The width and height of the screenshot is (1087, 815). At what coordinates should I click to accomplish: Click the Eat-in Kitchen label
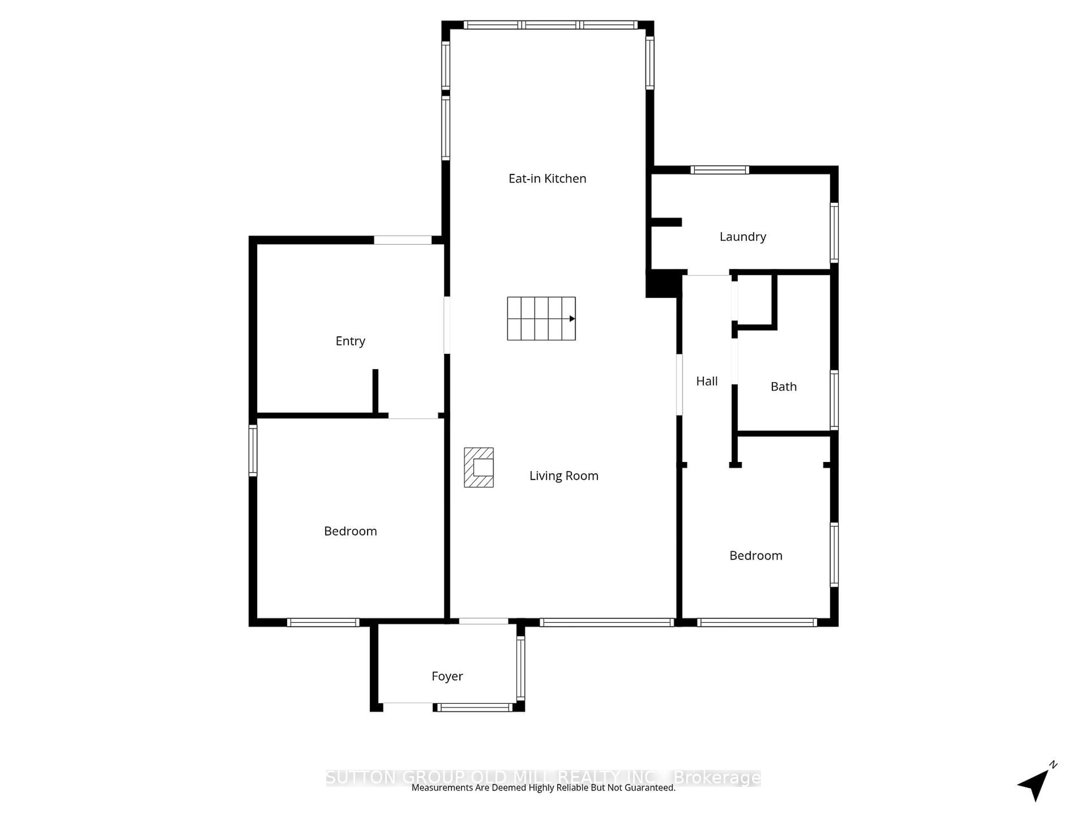point(547,178)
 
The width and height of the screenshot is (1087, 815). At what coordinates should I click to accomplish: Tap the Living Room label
point(564,475)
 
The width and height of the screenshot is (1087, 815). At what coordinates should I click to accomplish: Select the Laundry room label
point(743,237)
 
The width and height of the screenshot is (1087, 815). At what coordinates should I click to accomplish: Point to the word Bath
point(783,387)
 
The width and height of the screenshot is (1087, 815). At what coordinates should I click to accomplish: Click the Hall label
point(707,381)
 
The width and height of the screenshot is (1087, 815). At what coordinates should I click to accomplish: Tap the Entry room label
point(350,341)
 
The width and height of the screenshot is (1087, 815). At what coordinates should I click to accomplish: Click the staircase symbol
point(541,318)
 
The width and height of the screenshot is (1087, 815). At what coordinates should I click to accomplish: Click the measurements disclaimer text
point(543,788)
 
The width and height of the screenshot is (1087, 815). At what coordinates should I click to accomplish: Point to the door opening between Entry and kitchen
point(447,325)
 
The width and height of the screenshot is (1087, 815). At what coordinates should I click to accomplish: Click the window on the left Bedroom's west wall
point(253,451)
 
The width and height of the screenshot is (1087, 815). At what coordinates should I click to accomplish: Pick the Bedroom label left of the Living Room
point(350,531)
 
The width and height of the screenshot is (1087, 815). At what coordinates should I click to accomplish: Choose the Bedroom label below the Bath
point(755,556)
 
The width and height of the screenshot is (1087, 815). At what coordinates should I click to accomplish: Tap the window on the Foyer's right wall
point(520,668)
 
